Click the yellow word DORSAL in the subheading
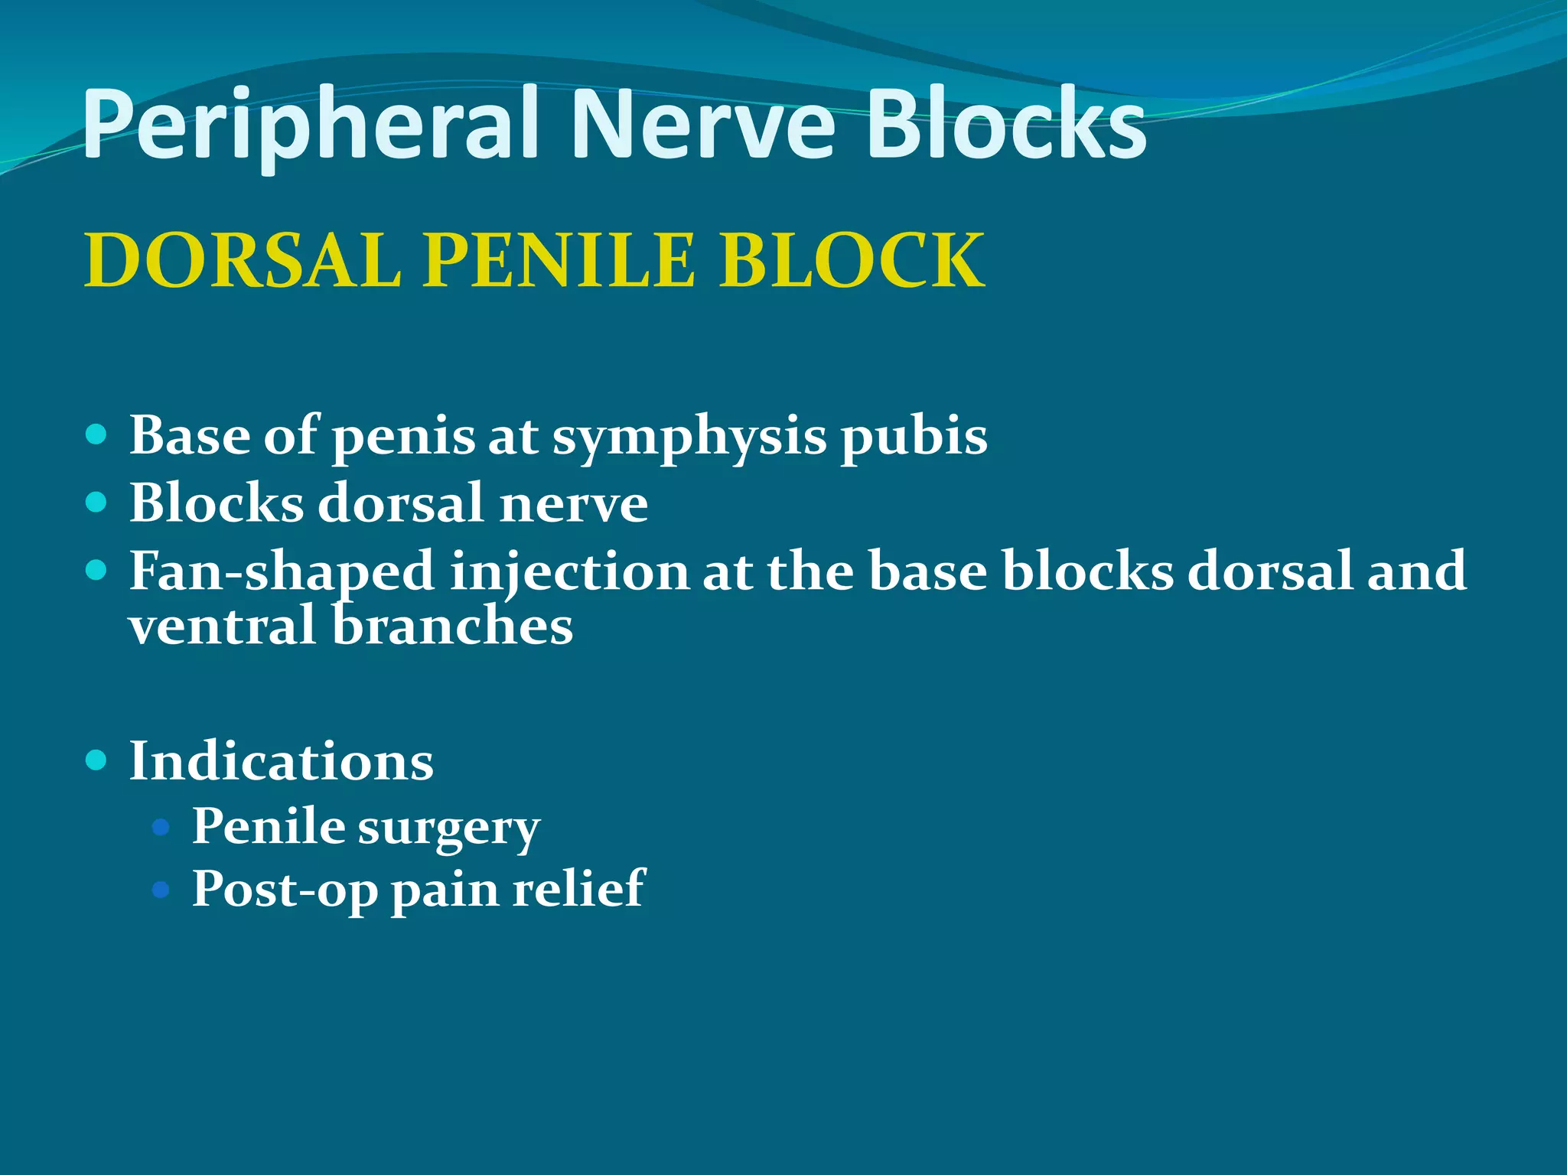[243, 262]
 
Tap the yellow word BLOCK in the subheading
[852, 262]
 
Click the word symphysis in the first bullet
[689, 438]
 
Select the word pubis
[914, 438]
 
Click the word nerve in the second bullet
[573, 504]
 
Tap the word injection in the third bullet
[569, 572]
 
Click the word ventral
[222, 626]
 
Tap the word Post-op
[285, 890]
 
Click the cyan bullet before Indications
[96, 760]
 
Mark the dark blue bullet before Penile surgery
[161, 826]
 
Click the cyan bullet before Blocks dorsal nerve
[96, 503]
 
